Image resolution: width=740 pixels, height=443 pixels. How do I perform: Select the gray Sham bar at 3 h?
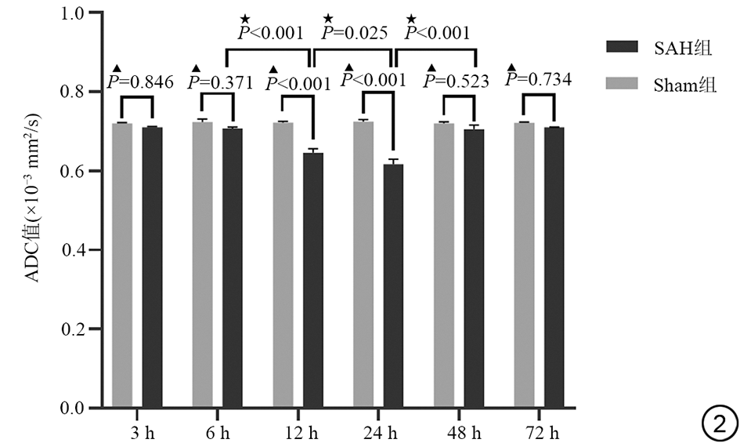pos(121,266)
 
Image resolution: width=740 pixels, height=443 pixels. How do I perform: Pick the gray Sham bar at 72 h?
pos(525,266)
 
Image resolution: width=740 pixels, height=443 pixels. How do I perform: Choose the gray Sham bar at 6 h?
pos(203,266)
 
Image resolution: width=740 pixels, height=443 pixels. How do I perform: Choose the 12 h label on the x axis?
pos(301,430)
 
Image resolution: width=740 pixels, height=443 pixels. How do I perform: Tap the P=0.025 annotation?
pos(355,33)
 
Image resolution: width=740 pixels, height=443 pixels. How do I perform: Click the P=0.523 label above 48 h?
pos(457,81)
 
